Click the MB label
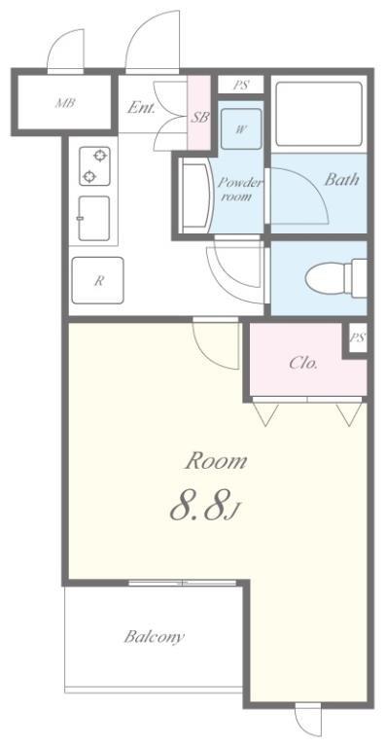click(x=65, y=102)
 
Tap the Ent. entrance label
click(x=141, y=108)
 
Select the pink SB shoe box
click(x=199, y=114)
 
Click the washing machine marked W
click(x=242, y=129)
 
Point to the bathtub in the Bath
click(x=319, y=114)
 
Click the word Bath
click(x=341, y=179)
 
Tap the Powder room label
click(x=240, y=189)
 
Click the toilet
click(x=336, y=278)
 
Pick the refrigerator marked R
click(x=97, y=280)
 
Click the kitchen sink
click(x=94, y=218)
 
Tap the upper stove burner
click(x=99, y=156)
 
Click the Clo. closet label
click(x=303, y=364)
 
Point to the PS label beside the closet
click(x=358, y=338)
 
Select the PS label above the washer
click(x=241, y=86)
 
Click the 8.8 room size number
click(x=197, y=508)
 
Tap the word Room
click(x=216, y=461)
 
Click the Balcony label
click(x=155, y=636)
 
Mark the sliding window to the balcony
click(x=182, y=583)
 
